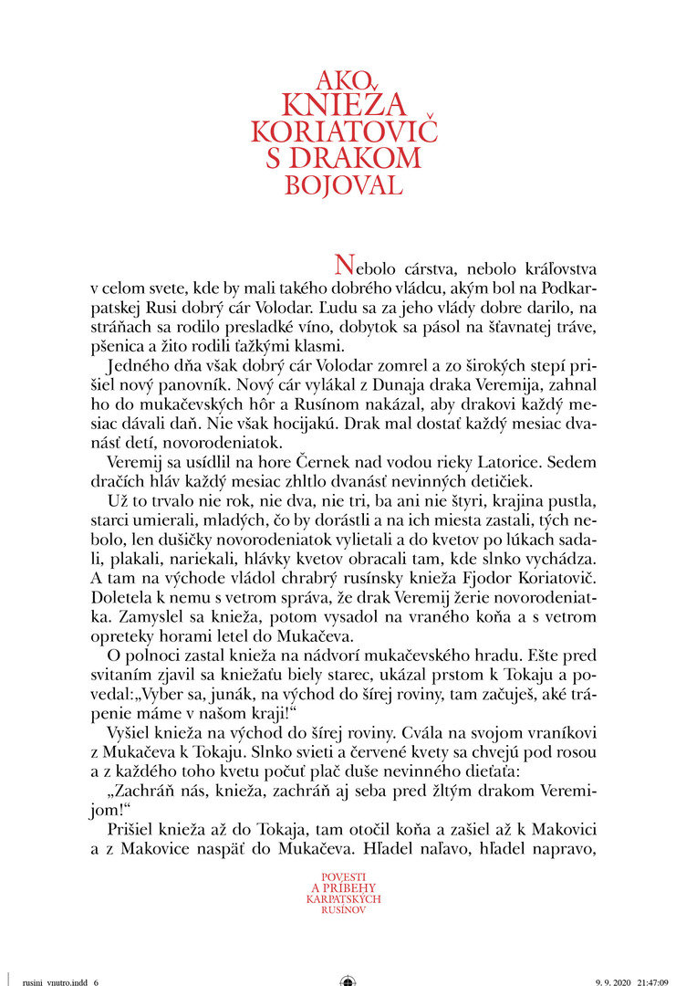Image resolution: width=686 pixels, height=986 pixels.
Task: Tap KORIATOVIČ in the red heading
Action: [344, 131]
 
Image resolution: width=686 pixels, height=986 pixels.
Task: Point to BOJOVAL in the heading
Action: [344, 185]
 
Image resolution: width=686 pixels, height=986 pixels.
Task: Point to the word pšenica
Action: [129, 344]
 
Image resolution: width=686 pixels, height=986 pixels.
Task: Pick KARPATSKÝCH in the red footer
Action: [344, 899]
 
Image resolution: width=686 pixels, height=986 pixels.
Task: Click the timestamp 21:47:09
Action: [652, 981]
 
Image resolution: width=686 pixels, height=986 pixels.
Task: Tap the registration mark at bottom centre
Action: [348, 981]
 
